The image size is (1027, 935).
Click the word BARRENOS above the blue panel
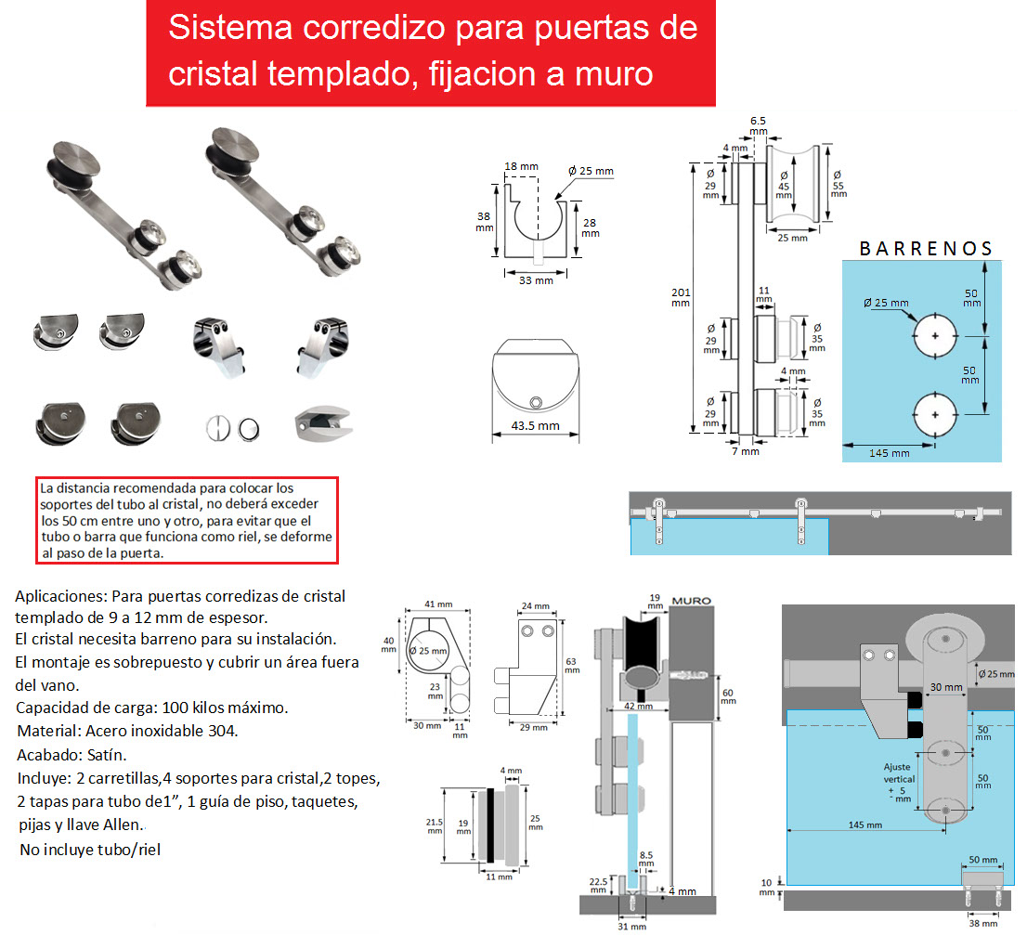pyautogui.click(x=926, y=249)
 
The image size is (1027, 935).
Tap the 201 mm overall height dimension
pyautogui.click(x=681, y=298)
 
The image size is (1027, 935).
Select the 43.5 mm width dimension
pyautogui.click(x=535, y=425)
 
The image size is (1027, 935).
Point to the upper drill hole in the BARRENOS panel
pyautogui.click(x=935, y=336)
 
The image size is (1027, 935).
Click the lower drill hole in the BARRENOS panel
pyautogui.click(x=935, y=414)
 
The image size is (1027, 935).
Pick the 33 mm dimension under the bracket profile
pyautogui.click(x=536, y=280)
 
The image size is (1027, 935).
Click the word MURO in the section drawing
pyautogui.click(x=692, y=601)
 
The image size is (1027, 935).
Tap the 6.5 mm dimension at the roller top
pyautogui.click(x=758, y=125)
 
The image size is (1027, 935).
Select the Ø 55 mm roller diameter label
pyautogui.click(x=838, y=185)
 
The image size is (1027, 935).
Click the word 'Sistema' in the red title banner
pyautogui.click(x=230, y=28)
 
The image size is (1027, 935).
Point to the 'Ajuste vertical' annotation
pyautogui.click(x=899, y=773)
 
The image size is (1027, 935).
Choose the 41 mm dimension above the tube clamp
pyautogui.click(x=438, y=604)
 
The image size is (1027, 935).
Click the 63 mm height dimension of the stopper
pyautogui.click(x=572, y=665)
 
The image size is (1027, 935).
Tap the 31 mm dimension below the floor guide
pyautogui.click(x=631, y=926)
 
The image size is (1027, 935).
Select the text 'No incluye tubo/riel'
pyautogui.click(x=90, y=850)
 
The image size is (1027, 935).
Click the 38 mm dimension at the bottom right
pyautogui.click(x=983, y=923)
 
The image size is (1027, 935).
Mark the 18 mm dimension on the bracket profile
pyautogui.click(x=521, y=166)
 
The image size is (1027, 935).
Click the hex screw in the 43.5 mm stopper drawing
pyautogui.click(x=536, y=402)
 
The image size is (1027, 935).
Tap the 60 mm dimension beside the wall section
pyautogui.click(x=728, y=696)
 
